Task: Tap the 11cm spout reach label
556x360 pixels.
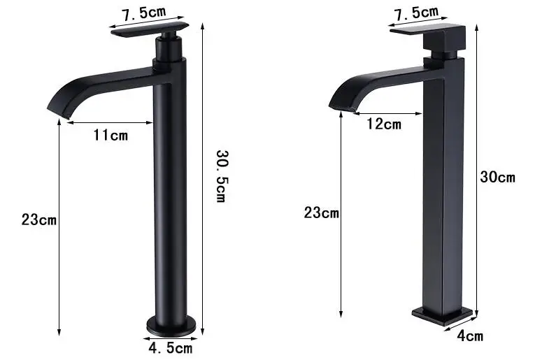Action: click(111, 135)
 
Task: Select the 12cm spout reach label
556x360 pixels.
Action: click(384, 124)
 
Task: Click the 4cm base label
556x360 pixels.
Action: click(470, 336)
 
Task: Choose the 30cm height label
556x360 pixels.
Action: click(497, 177)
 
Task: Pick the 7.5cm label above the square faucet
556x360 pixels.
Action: click(417, 12)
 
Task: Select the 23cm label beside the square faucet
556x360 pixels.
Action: click(321, 213)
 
